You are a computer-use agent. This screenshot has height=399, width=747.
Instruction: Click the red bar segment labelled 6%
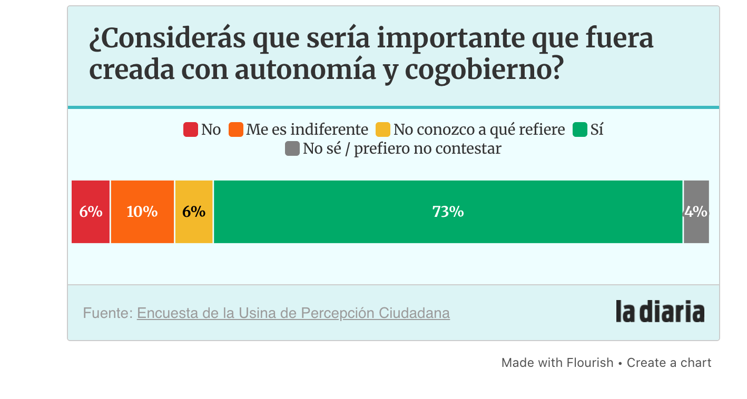pyautogui.click(x=91, y=212)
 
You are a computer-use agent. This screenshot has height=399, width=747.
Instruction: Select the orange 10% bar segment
pyautogui.click(x=142, y=212)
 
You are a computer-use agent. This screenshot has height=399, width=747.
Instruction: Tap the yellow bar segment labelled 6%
pyautogui.click(x=194, y=212)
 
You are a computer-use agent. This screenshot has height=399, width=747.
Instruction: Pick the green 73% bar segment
pyautogui.click(x=448, y=212)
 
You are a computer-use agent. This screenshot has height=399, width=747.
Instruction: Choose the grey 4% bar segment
pyautogui.click(x=696, y=212)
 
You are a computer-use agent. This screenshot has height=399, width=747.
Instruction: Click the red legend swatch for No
pyautogui.click(x=190, y=129)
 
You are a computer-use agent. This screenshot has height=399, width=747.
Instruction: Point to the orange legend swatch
pyautogui.click(x=235, y=129)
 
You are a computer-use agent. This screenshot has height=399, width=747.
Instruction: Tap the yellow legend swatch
pyautogui.click(x=383, y=129)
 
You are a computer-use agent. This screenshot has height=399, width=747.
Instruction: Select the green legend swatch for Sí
pyautogui.click(x=580, y=129)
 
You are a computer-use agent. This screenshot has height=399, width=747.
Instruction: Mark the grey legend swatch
pyautogui.click(x=292, y=148)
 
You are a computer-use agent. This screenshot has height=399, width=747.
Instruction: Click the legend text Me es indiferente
pyautogui.click(x=307, y=129)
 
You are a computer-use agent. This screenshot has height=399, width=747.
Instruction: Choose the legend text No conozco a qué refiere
pyautogui.click(x=479, y=129)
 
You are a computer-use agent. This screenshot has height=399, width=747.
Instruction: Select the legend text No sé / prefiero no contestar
pyautogui.click(x=402, y=148)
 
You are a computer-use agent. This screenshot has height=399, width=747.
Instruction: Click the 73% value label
pyautogui.click(x=448, y=212)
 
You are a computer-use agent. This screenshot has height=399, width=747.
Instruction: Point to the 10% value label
pyautogui.click(x=142, y=212)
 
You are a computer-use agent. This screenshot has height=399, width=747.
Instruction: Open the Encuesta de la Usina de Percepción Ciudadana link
pyautogui.click(x=293, y=313)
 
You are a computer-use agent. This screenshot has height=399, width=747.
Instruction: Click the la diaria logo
pyautogui.click(x=660, y=312)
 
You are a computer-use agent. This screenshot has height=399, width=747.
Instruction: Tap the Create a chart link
pyautogui.click(x=669, y=363)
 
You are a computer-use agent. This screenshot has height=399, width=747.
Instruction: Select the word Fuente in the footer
pyautogui.click(x=106, y=313)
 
